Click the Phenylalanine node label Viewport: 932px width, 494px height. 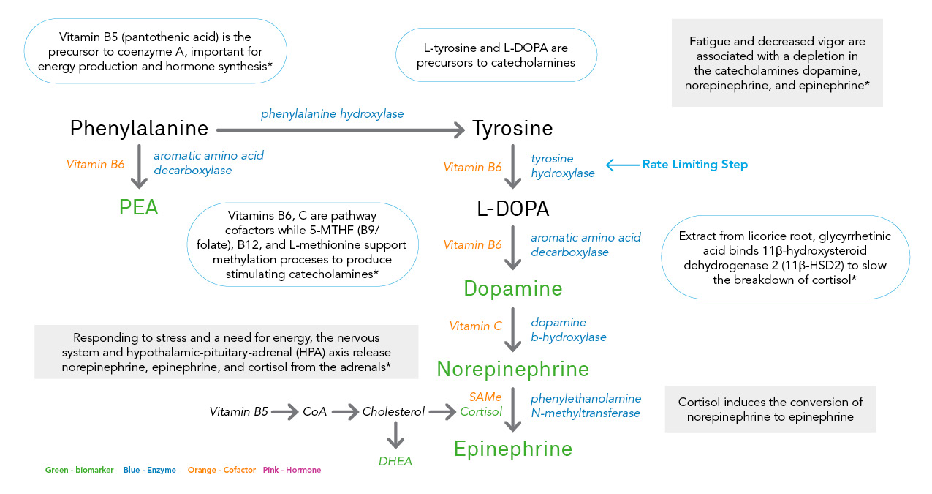pyautogui.click(x=139, y=129)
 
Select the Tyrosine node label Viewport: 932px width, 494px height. pyautogui.click(x=512, y=129)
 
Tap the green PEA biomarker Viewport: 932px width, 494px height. pyautogui.click(x=139, y=208)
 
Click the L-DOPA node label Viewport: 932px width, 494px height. pyautogui.click(x=513, y=209)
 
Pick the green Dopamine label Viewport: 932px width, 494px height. pyautogui.click(x=513, y=288)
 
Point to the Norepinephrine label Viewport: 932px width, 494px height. pyautogui.click(x=513, y=368)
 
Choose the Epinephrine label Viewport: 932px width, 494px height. pyautogui.click(x=513, y=448)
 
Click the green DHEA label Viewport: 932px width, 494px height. pyautogui.click(x=395, y=461)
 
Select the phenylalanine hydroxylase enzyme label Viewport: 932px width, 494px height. pyautogui.click(x=333, y=114)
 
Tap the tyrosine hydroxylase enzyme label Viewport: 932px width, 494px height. pyautogui.click(x=562, y=166)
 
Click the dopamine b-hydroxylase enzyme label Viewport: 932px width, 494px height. pyautogui.click(x=568, y=330)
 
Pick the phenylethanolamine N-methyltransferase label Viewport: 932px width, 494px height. pyautogui.click(x=586, y=405)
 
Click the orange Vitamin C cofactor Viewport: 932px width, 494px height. pyautogui.click(x=476, y=326)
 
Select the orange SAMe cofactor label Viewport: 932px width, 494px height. pyautogui.click(x=485, y=397)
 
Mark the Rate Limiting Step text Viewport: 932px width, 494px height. pyautogui.click(x=694, y=165)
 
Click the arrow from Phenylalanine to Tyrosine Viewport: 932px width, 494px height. pyautogui.click(x=341, y=130)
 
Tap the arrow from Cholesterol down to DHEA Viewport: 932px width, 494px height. pyautogui.click(x=395, y=436)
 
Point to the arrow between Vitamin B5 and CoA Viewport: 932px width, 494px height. pyautogui.click(x=284, y=412)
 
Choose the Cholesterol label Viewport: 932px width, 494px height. pyautogui.click(x=393, y=412)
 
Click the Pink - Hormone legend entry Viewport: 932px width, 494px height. pyautogui.click(x=292, y=470)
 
